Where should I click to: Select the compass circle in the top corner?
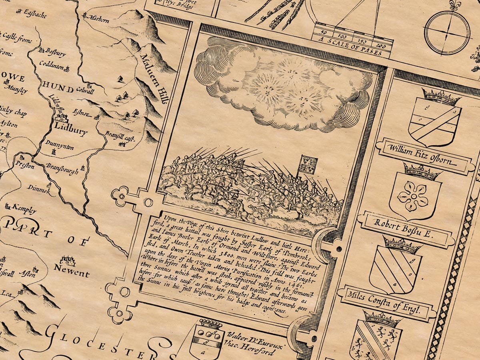pos(447,32)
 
